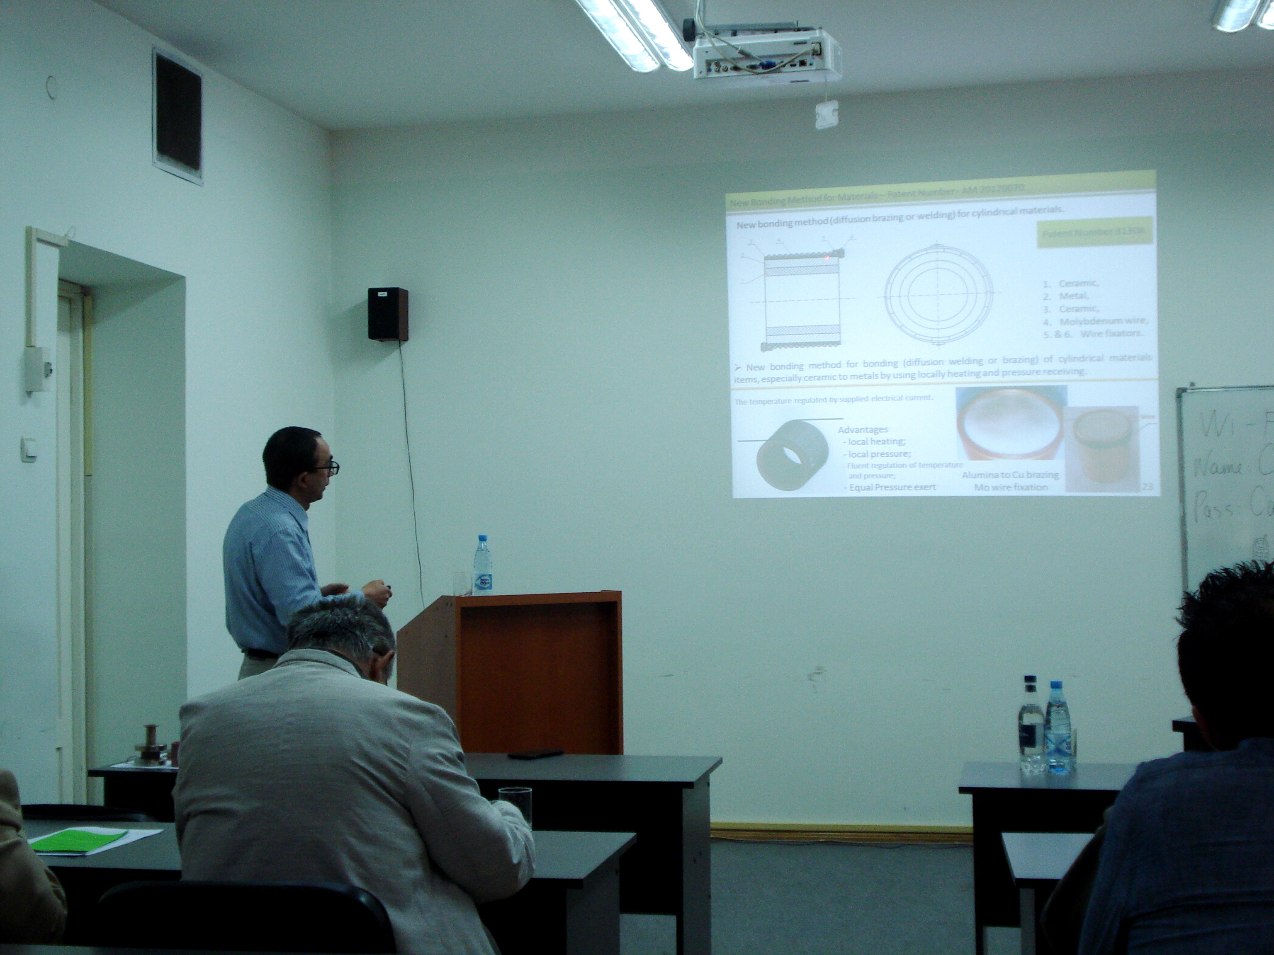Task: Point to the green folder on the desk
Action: (x=78, y=840)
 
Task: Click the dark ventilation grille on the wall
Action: (x=177, y=116)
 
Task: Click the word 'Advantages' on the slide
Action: (x=862, y=429)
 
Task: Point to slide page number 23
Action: (x=1147, y=487)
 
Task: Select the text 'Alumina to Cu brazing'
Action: (x=1010, y=475)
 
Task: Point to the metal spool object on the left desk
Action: (x=151, y=745)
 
